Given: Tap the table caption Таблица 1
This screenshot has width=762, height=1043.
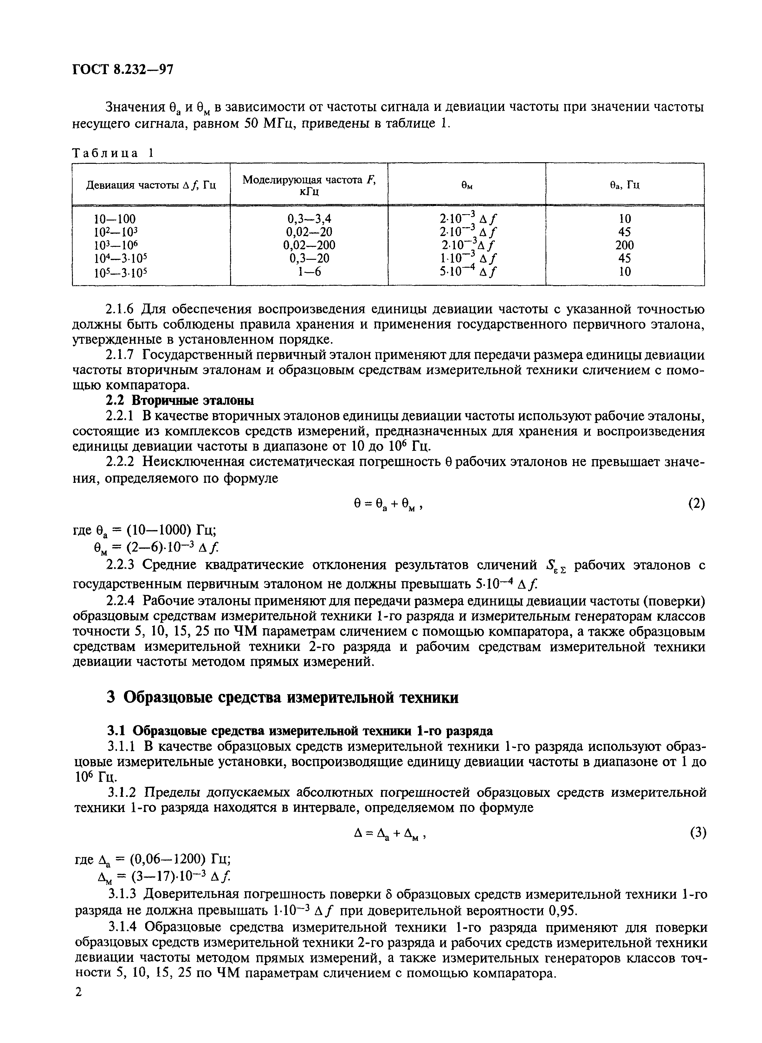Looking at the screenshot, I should pyautogui.click(x=113, y=154).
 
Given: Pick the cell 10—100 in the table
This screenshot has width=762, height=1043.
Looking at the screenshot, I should pyautogui.click(x=115, y=219).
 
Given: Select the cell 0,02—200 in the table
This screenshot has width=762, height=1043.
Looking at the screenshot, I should pyautogui.click(x=309, y=245).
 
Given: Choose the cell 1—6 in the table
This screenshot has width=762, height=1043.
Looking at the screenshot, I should pyautogui.click(x=309, y=272).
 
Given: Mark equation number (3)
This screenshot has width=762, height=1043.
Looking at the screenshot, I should pyautogui.click(x=697, y=832).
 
